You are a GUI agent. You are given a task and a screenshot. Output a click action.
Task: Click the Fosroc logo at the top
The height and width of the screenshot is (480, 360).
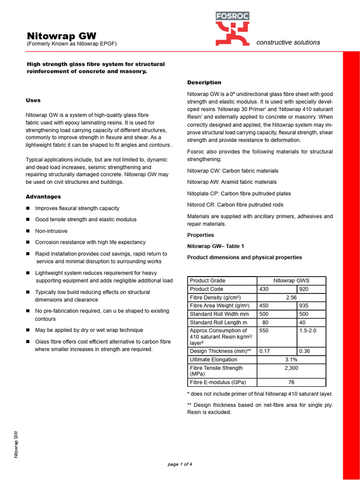(232, 29)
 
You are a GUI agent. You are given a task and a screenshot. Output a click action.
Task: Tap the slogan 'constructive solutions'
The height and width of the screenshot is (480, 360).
(288, 42)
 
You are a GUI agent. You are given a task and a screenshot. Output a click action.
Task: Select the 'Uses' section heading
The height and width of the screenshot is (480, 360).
(33, 100)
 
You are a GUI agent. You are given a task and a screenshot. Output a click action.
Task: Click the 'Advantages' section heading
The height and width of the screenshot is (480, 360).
(43, 197)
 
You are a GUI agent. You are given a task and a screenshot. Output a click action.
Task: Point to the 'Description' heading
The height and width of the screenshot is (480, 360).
(204, 82)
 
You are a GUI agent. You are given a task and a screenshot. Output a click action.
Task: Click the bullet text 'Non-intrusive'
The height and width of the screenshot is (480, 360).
(51, 231)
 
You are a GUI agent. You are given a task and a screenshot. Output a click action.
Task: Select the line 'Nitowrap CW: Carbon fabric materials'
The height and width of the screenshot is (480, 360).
(232, 171)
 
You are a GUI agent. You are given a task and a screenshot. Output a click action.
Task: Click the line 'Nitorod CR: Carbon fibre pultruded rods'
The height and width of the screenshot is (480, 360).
(235, 205)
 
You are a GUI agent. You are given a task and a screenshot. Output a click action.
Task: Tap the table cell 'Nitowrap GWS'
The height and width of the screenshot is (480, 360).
(291, 281)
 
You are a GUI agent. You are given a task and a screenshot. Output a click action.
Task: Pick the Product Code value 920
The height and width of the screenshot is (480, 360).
(304, 289)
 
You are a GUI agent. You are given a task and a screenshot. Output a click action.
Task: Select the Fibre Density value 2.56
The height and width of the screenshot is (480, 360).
(291, 298)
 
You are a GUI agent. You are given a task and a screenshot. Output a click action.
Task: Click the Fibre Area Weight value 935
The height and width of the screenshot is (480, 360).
(304, 306)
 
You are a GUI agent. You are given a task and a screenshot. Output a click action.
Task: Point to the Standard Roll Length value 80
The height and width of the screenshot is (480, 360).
(265, 322)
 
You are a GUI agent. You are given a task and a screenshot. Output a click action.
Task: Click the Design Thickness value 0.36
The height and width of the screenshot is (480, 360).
(305, 351)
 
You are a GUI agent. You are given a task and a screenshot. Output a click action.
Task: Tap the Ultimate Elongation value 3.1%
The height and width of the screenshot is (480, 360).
(291, 360)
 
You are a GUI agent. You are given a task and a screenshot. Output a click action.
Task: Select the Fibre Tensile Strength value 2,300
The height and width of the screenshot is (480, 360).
(291, 368)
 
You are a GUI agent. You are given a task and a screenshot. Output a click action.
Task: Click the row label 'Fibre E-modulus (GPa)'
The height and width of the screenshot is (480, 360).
(218, 382)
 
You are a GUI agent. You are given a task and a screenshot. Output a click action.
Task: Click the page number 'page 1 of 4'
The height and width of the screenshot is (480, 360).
(180, 465)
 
